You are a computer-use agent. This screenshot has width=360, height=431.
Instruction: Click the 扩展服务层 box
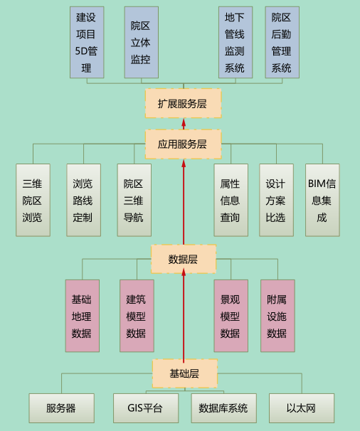click(x=183, y=103)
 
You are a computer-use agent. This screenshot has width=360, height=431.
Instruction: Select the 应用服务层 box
click(x=183, y=144)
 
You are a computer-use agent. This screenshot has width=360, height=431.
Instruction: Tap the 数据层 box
click(x=184, y=259)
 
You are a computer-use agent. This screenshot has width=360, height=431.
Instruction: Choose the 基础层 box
click(x=185, y=373)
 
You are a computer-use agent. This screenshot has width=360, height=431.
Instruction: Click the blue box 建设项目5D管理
click(x=87, y=43)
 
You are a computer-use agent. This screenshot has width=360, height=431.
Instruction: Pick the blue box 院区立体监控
click(x=142, y=43)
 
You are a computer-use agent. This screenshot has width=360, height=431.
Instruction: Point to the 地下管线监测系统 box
click(x=235, y=43)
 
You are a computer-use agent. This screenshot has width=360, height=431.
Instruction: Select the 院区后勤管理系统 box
click(x=282, y=43)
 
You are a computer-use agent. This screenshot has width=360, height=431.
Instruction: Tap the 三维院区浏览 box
click(x=33, y=200)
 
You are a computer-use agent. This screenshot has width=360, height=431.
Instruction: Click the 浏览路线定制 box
click(x=84, y=200)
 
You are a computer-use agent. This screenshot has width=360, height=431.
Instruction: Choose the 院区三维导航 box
click(x=134, y=200)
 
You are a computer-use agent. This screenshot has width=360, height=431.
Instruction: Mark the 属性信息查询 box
click(x=231, y=200)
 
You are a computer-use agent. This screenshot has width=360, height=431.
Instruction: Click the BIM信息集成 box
click(x=322, y=200)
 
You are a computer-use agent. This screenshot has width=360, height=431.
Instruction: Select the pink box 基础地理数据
click(x=83, y=316)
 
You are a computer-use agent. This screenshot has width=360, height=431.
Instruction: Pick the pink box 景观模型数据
click(x=231, y=316)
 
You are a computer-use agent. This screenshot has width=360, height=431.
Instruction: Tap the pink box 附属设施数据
click(x=277, y=316)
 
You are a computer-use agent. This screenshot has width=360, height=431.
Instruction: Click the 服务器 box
click(x=62, y=408)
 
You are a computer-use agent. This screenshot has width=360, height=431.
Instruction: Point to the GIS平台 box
click(x=146, y=408)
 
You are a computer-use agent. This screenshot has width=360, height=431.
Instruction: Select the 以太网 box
click(x=302, y=408)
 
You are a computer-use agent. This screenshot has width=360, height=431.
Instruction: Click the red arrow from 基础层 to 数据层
click(x=184, y=316)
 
